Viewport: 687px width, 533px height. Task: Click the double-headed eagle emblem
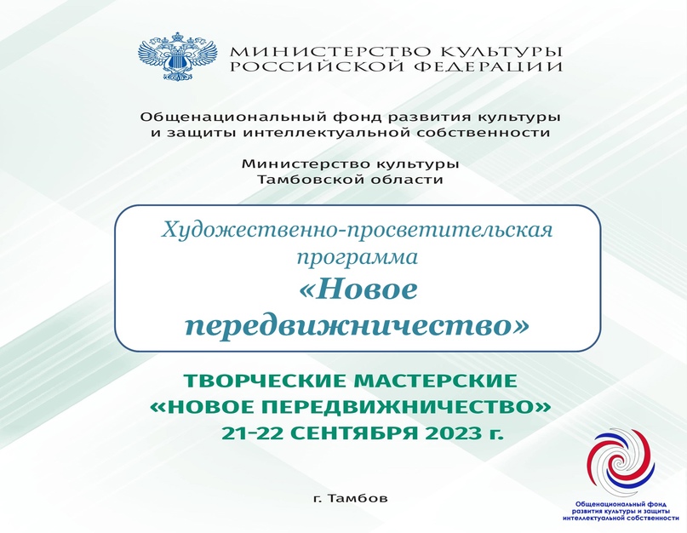pyautogui.click(x=177, y=56)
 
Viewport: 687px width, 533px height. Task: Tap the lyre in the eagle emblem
pyautogui.click(x=177, y=58)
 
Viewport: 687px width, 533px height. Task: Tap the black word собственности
pyautogui.click(x=483, y=132)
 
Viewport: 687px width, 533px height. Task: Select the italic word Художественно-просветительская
pyautogui.click(x=357, y=230)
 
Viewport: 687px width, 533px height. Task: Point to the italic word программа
pyautogui.click(x=357, y=257)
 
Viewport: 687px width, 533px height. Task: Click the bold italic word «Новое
pyautogui.click(x=357, y=289)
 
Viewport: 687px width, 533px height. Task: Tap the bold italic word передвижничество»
pyautogui.click(x=357, y=326)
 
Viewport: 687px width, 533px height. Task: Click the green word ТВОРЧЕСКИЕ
pyautogui.click(x=265, y=381)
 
